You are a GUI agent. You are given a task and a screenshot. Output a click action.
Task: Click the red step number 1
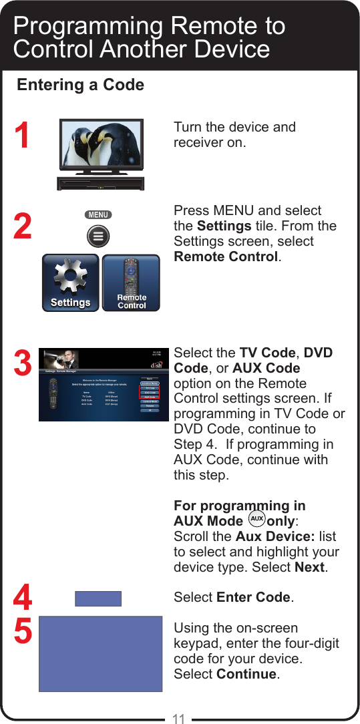coord(22,136)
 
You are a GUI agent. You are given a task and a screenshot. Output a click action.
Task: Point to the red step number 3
coord(22,365)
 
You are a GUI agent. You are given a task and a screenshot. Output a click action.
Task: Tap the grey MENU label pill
coord(98,215)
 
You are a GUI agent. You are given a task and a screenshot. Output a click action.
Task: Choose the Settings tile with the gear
coord(70,283)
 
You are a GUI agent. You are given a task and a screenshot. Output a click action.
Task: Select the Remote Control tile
coord(132,283)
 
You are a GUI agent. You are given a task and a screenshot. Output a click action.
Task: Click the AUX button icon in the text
coord(256,520)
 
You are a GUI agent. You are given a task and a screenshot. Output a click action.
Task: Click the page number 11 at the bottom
coord(178,719)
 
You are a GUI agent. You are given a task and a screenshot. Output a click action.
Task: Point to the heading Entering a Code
coord(80,85)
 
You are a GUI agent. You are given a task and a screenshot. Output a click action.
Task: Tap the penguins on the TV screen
coord(100,145)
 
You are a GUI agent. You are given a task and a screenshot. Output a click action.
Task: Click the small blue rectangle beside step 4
coord(98,598)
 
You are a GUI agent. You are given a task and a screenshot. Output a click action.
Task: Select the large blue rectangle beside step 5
coord(101,653)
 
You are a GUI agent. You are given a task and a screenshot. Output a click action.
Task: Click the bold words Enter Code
coord(253,597)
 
